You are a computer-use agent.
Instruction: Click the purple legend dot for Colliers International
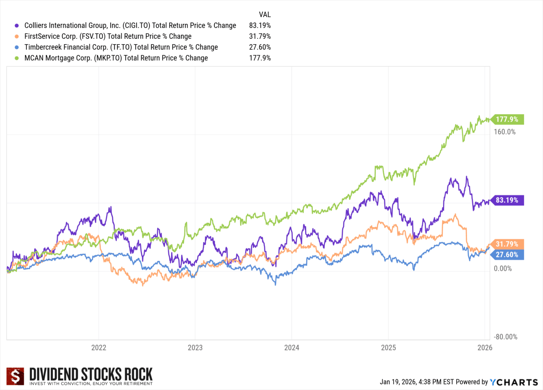click(x=17, y=26)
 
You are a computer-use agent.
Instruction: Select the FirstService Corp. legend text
click(x=108, y=37)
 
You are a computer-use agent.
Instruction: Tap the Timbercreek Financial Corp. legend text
click(x=121, y=47)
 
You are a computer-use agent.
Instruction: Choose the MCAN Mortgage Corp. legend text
click(x=116, y=58)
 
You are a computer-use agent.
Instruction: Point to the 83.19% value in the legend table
click(x=260, y=26)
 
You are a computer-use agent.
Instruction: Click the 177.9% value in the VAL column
click(x=260, y=58)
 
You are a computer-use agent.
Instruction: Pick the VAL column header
click(x=265, y=14)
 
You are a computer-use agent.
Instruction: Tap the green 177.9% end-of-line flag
click(x=507, y=120)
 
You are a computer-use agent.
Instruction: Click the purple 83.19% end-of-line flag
click(x=507, y=200)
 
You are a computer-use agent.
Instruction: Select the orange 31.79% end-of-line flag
click(x=507, y=244)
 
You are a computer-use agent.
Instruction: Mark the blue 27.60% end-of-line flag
click(x=507, y=255)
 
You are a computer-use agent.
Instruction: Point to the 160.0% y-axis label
click(x=504, y=132)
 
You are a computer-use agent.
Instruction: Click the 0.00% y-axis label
click(x=503, y=269)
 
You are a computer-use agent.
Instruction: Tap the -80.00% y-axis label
click(x=505, y=337)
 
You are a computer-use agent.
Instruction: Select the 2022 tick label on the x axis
click(x=99, y=348)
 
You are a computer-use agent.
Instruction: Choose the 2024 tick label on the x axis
click(x=292, y=348)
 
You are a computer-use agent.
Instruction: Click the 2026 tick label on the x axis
click(x=485, y=348)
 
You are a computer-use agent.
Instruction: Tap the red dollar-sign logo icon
click(x=16, y=376)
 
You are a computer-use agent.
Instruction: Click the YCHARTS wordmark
click(x=514, y=382)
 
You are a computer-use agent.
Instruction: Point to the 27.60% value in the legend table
click(x=260, y=47)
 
